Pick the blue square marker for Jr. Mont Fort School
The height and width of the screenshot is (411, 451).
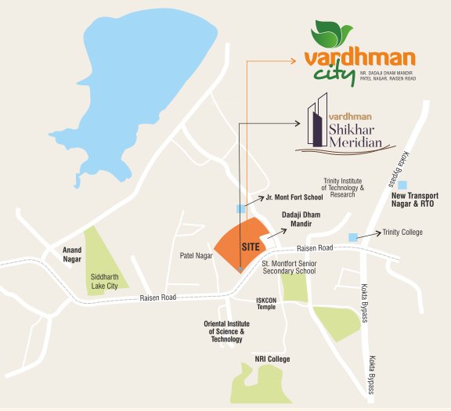240,208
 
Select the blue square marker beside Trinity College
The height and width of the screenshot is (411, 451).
353,237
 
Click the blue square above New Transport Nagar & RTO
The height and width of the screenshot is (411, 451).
403,184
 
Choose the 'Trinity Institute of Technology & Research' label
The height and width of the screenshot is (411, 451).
344,188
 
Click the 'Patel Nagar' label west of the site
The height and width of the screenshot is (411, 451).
196,255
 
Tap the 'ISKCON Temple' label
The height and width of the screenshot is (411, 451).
265,303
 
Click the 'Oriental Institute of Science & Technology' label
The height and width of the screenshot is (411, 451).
227,332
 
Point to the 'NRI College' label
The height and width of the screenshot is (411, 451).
272,359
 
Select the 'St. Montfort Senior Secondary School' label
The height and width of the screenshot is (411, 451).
289,267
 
